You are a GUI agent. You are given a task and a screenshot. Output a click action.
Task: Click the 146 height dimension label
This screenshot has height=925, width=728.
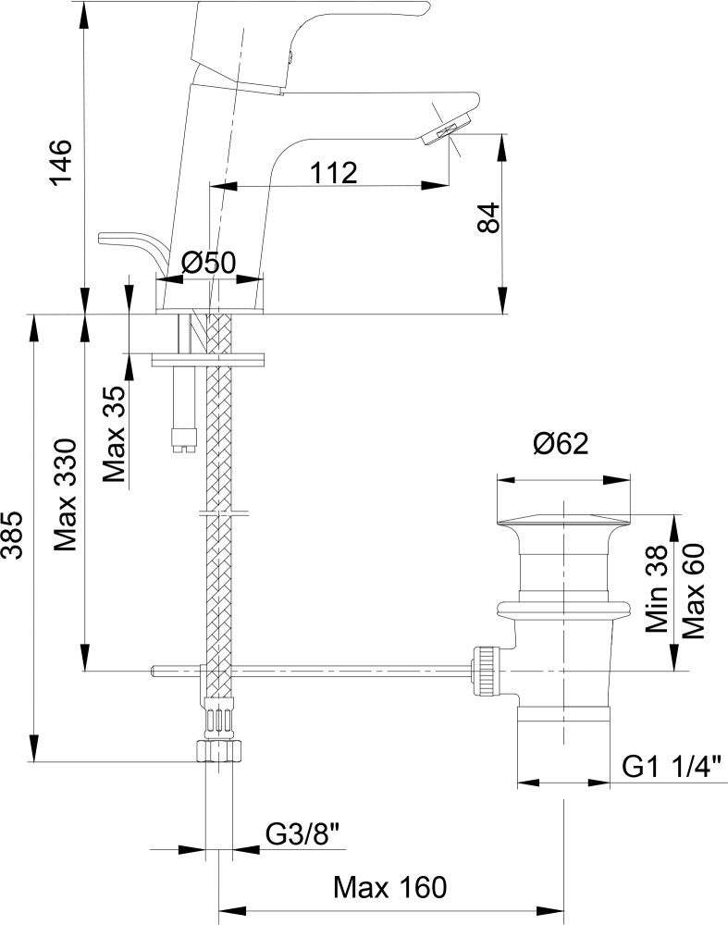(x=59, y=164)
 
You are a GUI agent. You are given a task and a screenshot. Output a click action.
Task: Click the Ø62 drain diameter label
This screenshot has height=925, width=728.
(x=561, y=446)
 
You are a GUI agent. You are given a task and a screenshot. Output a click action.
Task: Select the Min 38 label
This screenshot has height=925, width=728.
(x=658, y=588)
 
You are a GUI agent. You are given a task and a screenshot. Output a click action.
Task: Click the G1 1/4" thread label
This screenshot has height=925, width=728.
(x=669, y=766)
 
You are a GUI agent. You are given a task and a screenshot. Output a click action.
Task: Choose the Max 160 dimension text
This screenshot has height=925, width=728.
(x=389, y=889)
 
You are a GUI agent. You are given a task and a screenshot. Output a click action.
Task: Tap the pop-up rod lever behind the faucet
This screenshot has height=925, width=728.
(x=126, y=242)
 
